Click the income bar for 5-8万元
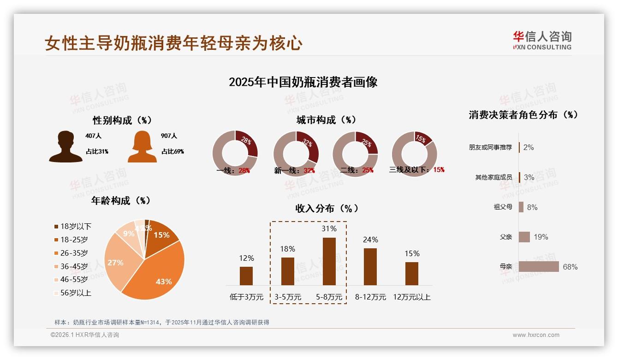pyautogui.click(x=329, y=261)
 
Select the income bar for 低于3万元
pyautogui.click(x=246, y=276)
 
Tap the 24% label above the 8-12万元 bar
pyautogui.click(x=370, y=240)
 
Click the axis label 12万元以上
pyautogui.click(x=411, y=297)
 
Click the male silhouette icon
pyautogui.click(x=66, y=147)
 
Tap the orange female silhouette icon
pyautogui.click(x=142, y=147)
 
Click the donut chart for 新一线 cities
pyautogui.click(x=296, y=154)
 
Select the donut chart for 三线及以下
pyautogui.click(x=414, y=154)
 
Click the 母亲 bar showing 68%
pyautogui.click(x=539, y=267)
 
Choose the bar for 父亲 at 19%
pyautogui.click(x=524, y=237)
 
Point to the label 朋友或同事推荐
pyautogui.click(x=490, y=147)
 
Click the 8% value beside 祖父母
pyautogui.click(x=532, y=207)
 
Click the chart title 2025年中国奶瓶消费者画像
pyautogui.click(x=303, y=82)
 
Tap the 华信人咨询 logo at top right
pyautogui.click(x=542, y=40)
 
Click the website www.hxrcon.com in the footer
pyautogui.click(x=536, y=335)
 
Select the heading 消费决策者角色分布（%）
pyautogui.click(x=523, y=115)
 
